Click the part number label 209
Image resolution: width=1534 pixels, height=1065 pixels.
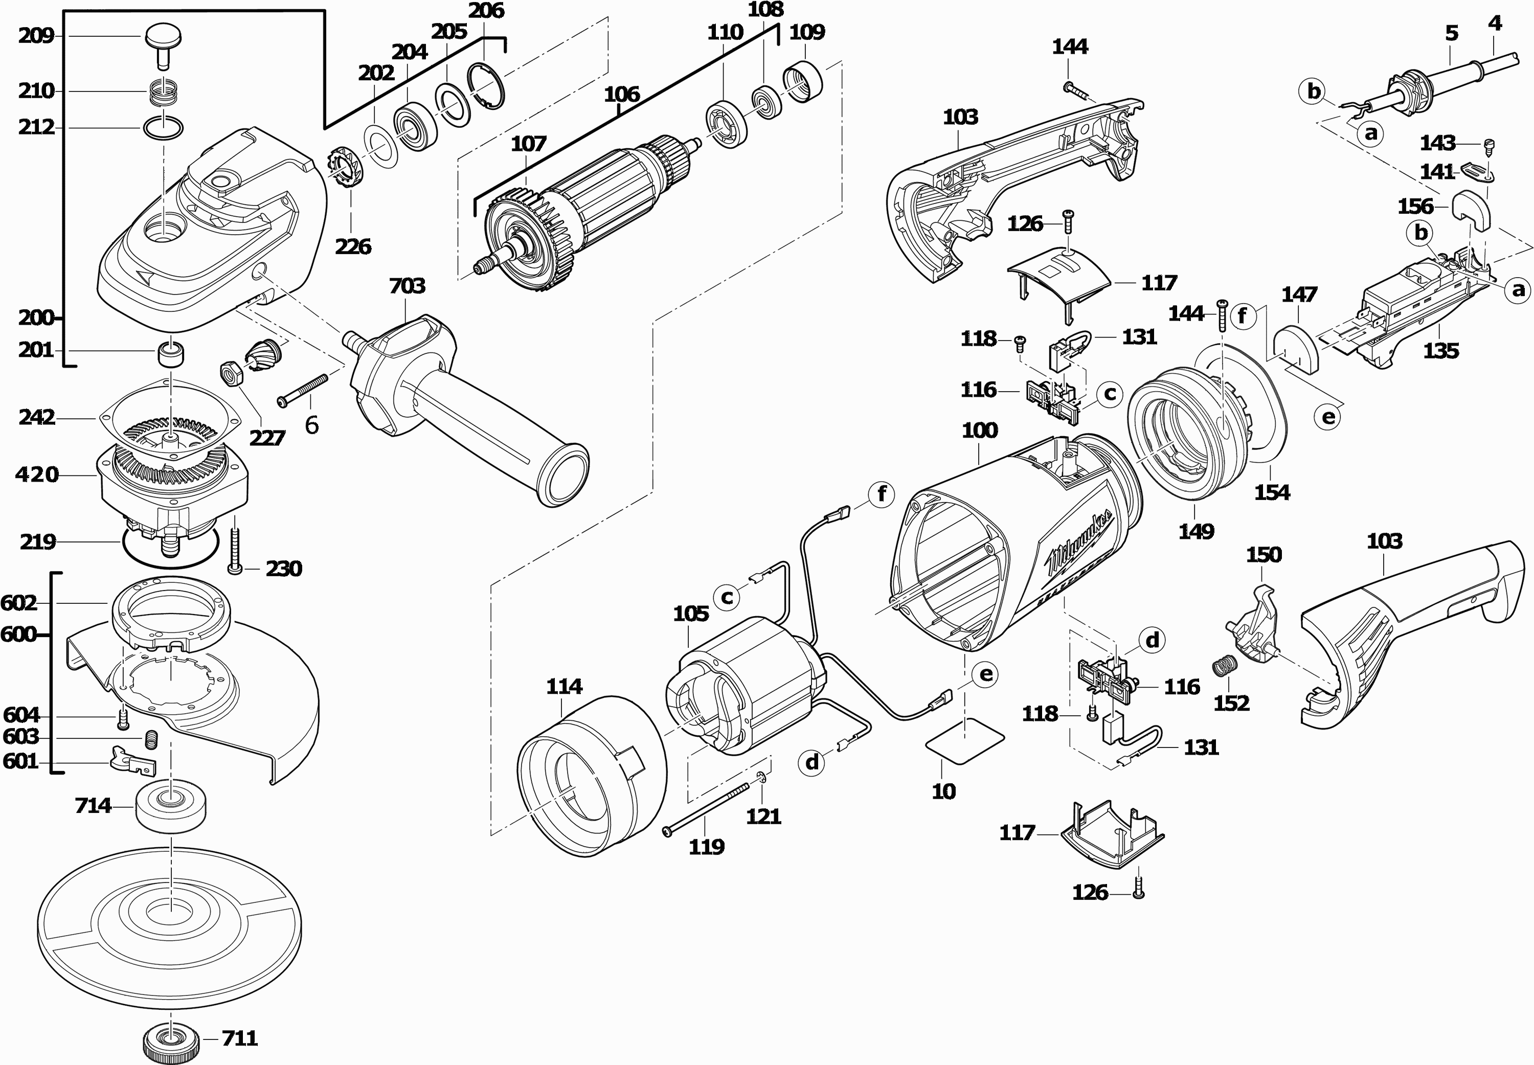(36, 35)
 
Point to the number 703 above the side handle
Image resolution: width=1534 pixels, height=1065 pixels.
(407, 286)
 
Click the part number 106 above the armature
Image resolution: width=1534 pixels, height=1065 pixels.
(622, 95)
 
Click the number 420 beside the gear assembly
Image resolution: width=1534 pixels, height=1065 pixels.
(37, 475)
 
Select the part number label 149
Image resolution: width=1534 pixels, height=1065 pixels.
(1195, 532)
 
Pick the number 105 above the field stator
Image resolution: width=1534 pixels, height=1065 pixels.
(690, 614)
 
